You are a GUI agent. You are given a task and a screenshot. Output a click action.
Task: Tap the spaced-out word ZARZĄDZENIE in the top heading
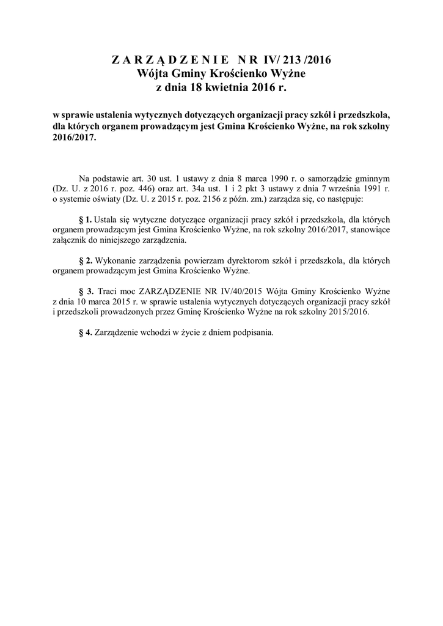[x=170, y=60]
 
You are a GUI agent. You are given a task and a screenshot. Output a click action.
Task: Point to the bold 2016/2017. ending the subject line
[x=75, y=138]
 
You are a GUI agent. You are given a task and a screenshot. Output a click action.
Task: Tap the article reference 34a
[x=206, y=189]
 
